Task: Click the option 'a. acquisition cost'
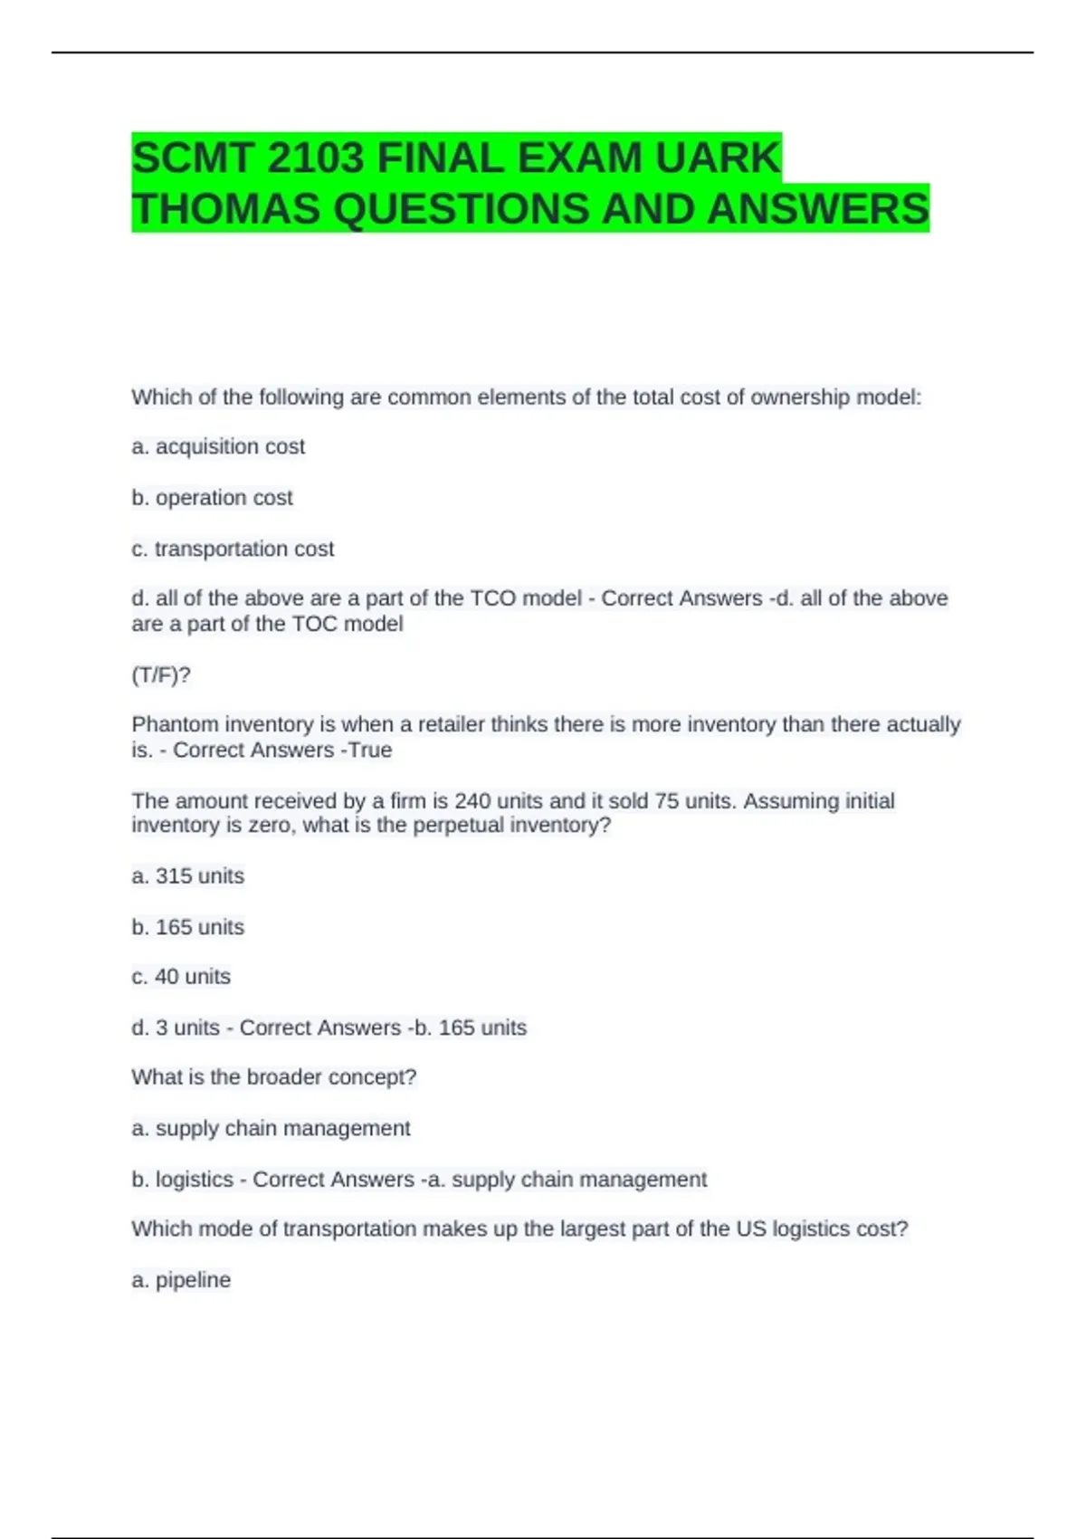tap(218, 446)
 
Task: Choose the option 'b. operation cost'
tap(212, 498)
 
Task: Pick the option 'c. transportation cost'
tap(233, 549)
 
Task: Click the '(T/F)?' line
tap(161, 675)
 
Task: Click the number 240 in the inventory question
tap(472, 801)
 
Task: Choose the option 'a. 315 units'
tap(187, 876)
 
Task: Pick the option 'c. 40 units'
tap(181, 977)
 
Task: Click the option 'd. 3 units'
tap(176, 1028)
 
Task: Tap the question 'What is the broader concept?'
tap(273, 1077)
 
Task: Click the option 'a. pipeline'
tap(181, 1280)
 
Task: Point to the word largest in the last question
tap(598, 1229)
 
